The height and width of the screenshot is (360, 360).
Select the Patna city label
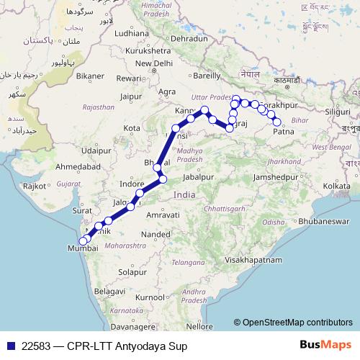coord(284,132)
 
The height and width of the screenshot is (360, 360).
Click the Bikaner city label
coord(91,75)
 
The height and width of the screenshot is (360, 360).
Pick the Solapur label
coord(132,272)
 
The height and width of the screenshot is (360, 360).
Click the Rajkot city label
coord(34,186)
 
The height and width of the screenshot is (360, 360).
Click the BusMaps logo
coord(325,346)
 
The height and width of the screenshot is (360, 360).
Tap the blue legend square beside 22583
coord(9,346)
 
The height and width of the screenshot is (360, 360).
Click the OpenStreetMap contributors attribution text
coord(297,322)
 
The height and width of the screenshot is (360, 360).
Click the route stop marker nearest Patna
coord(276,122)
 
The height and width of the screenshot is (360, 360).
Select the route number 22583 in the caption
coord(35,346)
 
